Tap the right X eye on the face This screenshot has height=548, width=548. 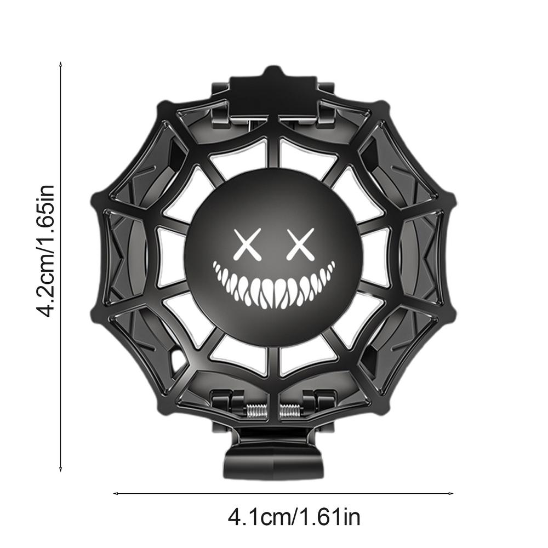click(301, 244)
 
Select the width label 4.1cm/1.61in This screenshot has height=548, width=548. click(294, 517)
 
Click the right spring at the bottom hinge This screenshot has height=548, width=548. click(291, 409)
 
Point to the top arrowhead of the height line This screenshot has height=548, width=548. click(60, 65)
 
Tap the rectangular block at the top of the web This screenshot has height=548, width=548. click(273, 90)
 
